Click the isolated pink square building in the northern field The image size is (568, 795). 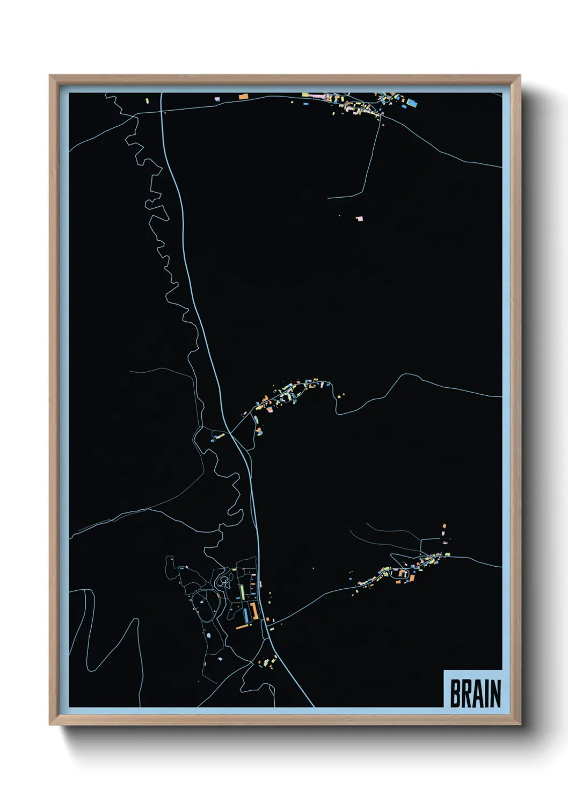[x=359, y=218]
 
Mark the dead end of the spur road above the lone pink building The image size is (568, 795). [x=328, y=198]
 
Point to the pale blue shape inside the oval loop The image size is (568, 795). [x=202, y=603]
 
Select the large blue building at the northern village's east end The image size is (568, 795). [x=412, y=102]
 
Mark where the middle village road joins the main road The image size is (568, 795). [x=230, y=432]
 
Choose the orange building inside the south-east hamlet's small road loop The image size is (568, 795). [x=402, y=574]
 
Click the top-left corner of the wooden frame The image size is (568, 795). [x=50, y=76]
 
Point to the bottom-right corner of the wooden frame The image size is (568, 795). [x=520, y=724]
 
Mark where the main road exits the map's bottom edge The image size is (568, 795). [x=314, y=706]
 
